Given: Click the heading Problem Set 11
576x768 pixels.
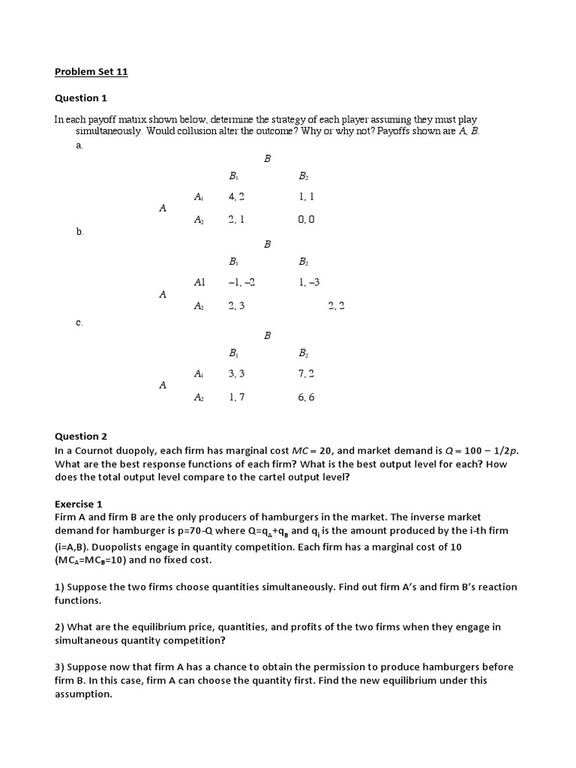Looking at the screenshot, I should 96,72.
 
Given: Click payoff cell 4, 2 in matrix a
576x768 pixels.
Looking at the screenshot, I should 237,196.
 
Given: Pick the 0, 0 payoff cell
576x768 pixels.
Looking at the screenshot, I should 306,219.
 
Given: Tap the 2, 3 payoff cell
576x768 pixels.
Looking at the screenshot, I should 237,306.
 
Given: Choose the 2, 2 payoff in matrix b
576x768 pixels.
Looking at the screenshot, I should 336,306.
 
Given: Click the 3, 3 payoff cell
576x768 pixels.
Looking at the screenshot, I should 237,373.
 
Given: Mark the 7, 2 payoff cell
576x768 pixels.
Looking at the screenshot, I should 306,373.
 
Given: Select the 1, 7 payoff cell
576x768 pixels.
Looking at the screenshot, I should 237,397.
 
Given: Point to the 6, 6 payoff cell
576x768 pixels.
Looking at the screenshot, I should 306,397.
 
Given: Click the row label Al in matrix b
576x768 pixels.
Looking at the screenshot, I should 199,283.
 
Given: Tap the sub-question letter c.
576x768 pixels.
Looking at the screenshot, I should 79,322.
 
